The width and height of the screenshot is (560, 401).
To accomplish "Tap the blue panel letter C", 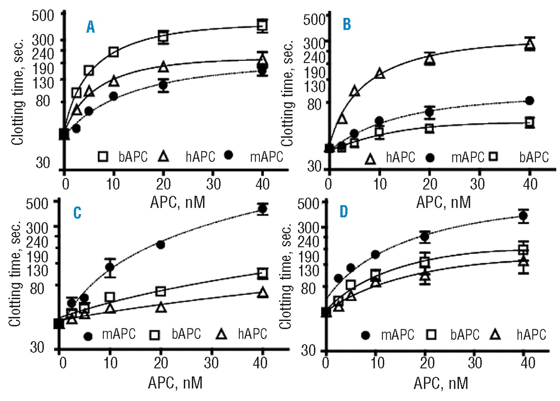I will click(x=77, y=213).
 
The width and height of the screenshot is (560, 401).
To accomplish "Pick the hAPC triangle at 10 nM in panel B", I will click(x=380, y=73).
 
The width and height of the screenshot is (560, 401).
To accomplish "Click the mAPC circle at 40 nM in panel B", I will click(x=530, y=101).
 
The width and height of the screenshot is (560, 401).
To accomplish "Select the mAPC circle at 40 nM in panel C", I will click(x=262, y=209).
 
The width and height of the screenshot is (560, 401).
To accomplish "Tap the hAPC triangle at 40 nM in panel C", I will click(x=262, y=293).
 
